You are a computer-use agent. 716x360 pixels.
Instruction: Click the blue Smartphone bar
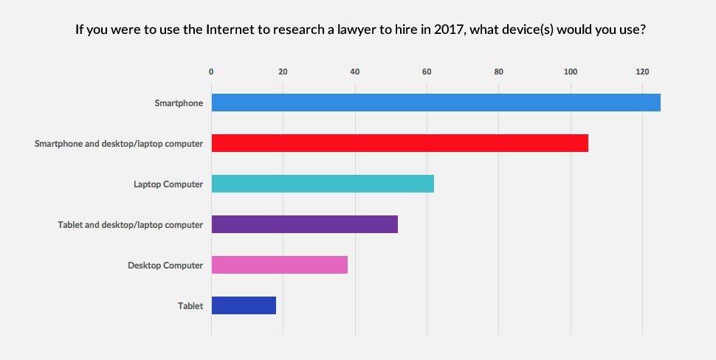[436, 103]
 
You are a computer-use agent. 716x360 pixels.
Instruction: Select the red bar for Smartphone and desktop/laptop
[399, 143]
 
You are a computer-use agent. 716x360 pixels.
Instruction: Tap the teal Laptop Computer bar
[323, 184]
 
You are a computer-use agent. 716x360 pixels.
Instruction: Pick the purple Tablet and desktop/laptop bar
[304, 224]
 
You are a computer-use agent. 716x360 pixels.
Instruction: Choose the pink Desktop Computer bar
[279, 265]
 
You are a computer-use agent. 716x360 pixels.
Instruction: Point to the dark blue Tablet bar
[244, 305]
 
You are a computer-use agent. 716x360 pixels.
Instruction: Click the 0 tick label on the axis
[211, 72]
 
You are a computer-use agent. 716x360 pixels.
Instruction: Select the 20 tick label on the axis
[283, 72]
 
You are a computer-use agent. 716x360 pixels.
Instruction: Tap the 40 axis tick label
[355, 72]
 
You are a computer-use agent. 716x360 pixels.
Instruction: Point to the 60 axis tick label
[427, 72]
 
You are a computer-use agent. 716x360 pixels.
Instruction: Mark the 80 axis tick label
[499, 72]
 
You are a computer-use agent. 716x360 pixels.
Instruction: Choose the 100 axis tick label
[571, 72]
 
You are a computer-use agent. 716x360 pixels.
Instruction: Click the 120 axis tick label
[642, 72]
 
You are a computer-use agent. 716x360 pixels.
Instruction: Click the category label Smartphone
[179, 103]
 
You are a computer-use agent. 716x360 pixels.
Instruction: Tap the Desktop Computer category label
[165, 266]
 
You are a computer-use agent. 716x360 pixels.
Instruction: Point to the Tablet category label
[190, 306]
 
